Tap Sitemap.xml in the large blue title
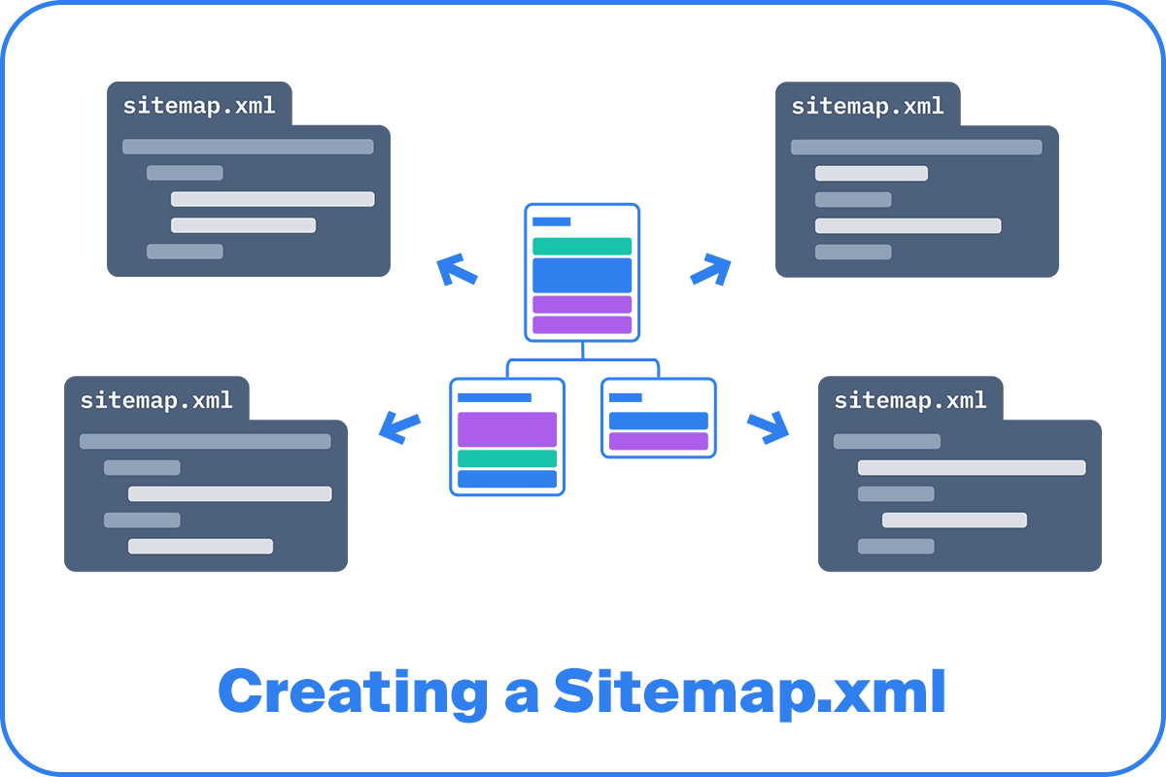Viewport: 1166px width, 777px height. pyautogui.click(x=750, y=693)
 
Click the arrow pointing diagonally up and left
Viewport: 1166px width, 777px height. pyautogui.click(x=456, y=269)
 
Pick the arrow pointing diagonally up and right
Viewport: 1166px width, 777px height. pyautogui.click(x=710, y=269)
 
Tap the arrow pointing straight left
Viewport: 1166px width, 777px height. pyautogui.click(x=399, y=426)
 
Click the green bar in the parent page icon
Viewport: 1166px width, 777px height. pyautogui.click(x=582, y=247)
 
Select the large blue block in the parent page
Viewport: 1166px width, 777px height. pyautogui.click(x=582, y=275)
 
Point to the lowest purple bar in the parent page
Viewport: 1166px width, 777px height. pyautogui.click(x=582, y=324)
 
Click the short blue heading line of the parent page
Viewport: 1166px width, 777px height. pyautogui.click(x=551, y=222)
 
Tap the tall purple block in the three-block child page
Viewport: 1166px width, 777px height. pyautogui.click(x=507, y=429)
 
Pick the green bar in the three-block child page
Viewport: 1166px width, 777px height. pyautogui.click(x=507, y=458)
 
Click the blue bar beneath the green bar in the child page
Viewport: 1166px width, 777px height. pyautogui.click(x=507, y=479)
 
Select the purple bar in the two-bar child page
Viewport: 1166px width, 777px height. pyautogui.click(x=658, y=441)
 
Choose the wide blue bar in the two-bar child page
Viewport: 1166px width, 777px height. pyautogui.click(x=658, y=421)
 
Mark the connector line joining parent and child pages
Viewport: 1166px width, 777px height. pyautogui.click(x=582, y=360)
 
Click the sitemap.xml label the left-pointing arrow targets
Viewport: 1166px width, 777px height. pyautogui.click(x=156, y=399)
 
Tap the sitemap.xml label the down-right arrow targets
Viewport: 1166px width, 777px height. pyautogui.click(x=910, y=399)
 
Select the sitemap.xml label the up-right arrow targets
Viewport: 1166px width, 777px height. pyautogui.click(x=868, y=105)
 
